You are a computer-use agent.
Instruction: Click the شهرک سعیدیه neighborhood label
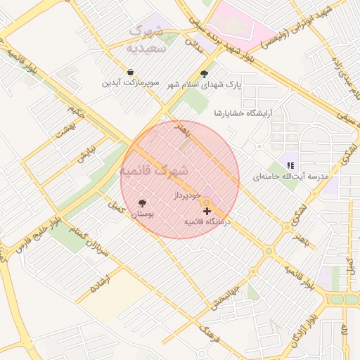tap(146, 39)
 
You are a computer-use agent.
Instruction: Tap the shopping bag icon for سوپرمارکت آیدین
tap(131, 72)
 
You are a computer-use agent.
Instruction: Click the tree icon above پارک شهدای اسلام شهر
tap(204, 73)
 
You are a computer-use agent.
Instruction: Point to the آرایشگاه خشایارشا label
tap(243, 112)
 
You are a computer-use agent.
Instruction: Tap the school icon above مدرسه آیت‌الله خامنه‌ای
tap(290, 165)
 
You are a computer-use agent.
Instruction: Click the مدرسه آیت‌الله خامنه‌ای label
tap(290, 176)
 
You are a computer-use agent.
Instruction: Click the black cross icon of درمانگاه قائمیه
tap(207, 211)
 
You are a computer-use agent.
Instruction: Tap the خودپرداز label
tap(187, 194)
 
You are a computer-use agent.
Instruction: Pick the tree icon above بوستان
tap(143, 202)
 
